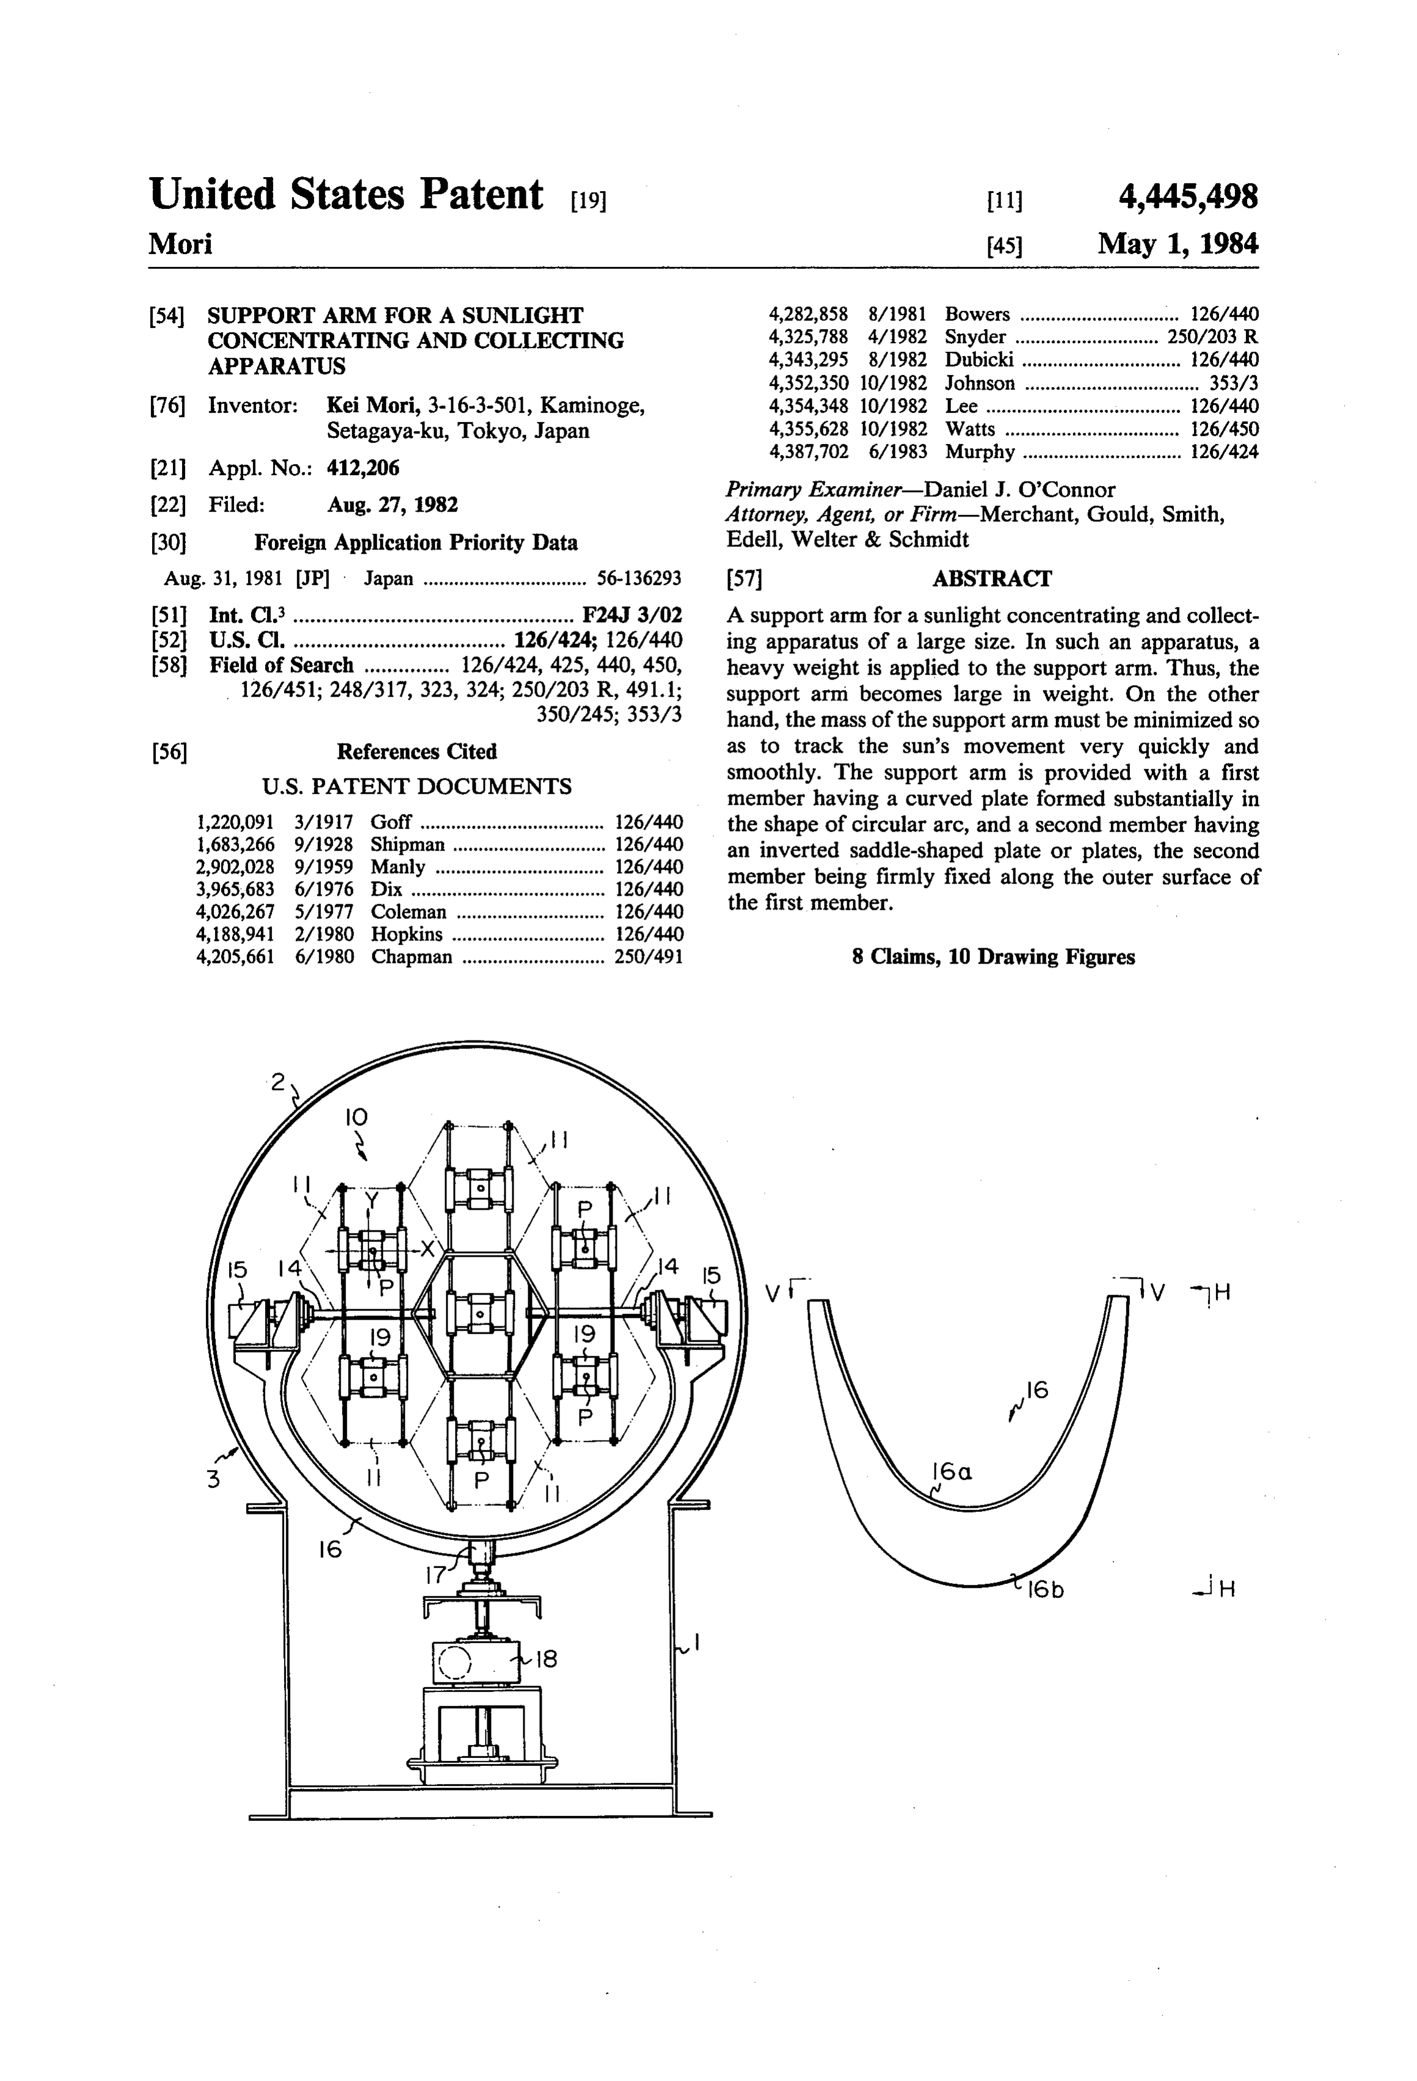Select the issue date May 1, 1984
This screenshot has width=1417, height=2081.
click(x=1178, y=244)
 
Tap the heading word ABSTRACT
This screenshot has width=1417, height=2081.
click(x=991, y=578)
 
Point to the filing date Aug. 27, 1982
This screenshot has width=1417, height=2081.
click(x=392, y=505)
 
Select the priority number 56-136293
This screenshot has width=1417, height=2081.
click(x=639, y=578)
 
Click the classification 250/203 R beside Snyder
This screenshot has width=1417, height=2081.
click(x=1213, y=336)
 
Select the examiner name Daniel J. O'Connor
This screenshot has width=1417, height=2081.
click(x=1020, y=490)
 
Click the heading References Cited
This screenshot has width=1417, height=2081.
click(x=417, y=751)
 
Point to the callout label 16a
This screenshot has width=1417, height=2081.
click(x=951, y=1471)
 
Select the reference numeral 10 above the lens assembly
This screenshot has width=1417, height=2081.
click(x=355, y=1117)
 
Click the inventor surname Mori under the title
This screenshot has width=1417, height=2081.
click(x=180, y=244)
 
